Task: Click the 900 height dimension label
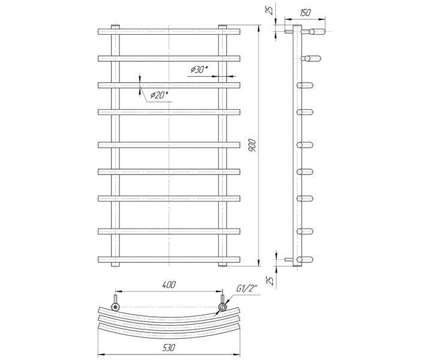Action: (x=252, y=146)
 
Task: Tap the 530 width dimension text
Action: (x=169, y=347)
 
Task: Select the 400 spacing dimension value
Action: (x=169, y=285)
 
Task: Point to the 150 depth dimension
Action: (x=305, y=13)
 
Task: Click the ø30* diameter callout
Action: (x=199, y=70)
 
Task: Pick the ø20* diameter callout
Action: (x=160, y=95)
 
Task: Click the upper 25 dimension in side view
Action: (x=269, y=10)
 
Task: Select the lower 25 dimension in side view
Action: (x=270, y=280)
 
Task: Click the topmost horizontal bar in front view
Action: (x=169, y=32)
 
